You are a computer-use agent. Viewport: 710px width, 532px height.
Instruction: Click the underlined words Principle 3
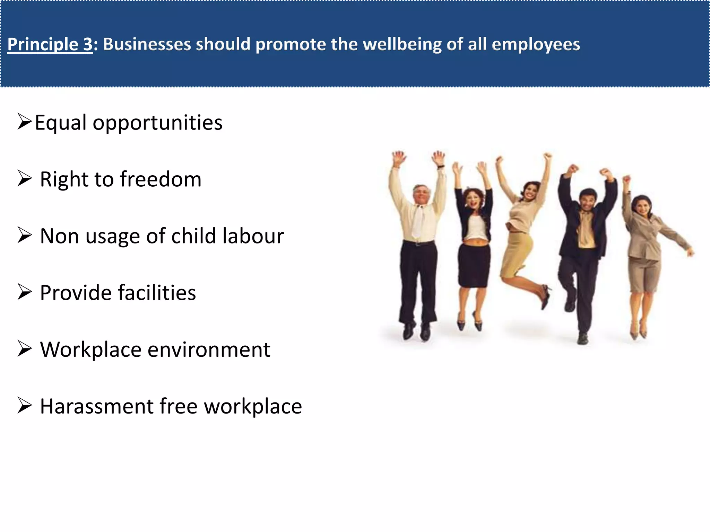pos(50,45)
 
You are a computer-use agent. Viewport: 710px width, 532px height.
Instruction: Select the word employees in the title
pos(536,45)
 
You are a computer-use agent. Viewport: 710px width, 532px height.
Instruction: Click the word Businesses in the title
pos(147,45)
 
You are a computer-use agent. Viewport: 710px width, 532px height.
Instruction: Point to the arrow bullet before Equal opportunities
pos(25,122)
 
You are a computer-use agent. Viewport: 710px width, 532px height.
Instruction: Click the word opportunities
pos(157,123)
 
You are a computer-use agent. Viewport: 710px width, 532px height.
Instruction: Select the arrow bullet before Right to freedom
pos(25,179)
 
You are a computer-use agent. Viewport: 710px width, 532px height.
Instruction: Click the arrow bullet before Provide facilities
pos(25,292)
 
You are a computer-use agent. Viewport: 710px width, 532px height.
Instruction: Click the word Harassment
pos(97,406)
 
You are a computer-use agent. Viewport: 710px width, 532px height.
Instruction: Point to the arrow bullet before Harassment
pos(25,405)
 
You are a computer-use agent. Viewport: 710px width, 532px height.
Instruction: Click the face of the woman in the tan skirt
pos(530,191)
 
